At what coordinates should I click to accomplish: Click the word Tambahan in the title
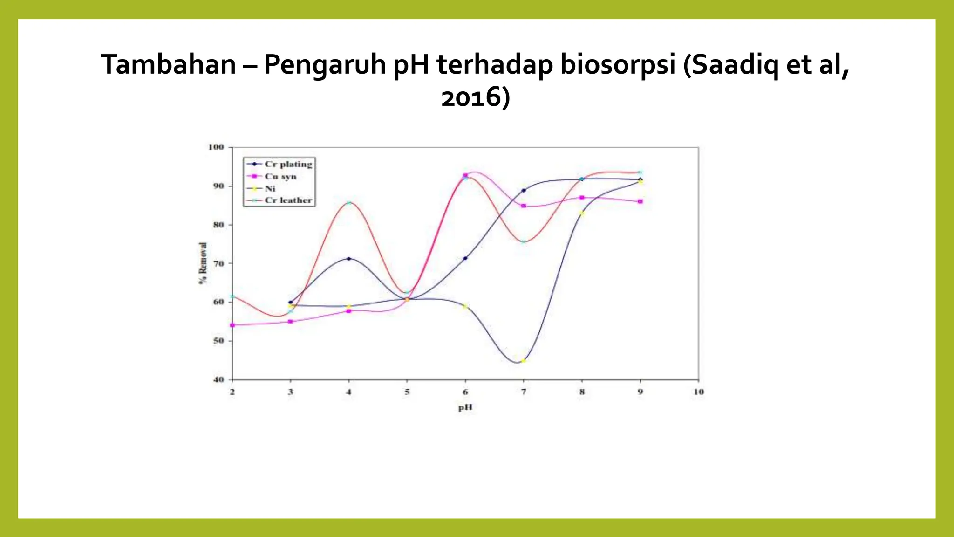click(168, 64)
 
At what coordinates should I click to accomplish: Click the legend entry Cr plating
click(288, 164)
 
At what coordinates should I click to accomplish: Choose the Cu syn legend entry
click(280, 176)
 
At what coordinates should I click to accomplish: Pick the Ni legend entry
click(270, 188)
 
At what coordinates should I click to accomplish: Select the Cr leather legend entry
click(288, 200)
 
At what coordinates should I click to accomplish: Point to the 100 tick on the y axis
click(216, 147)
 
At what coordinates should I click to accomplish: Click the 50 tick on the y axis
click(218, 341)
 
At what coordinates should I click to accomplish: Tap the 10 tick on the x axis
click(698, 392)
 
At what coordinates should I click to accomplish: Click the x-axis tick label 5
click(407, 392)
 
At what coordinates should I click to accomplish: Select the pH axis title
click(465, 407)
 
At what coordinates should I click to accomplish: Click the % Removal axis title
click(203, 263)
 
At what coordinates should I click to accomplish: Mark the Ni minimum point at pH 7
click(523, 361)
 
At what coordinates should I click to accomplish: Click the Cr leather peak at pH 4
click(349, 203)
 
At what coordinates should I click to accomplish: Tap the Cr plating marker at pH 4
click(349, 259)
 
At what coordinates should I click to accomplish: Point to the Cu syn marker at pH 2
click(232, 325)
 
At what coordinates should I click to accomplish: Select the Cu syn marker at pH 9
click(640, 201)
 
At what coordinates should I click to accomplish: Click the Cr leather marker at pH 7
click(523, 241)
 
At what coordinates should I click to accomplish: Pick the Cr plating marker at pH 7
click(524, 190)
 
